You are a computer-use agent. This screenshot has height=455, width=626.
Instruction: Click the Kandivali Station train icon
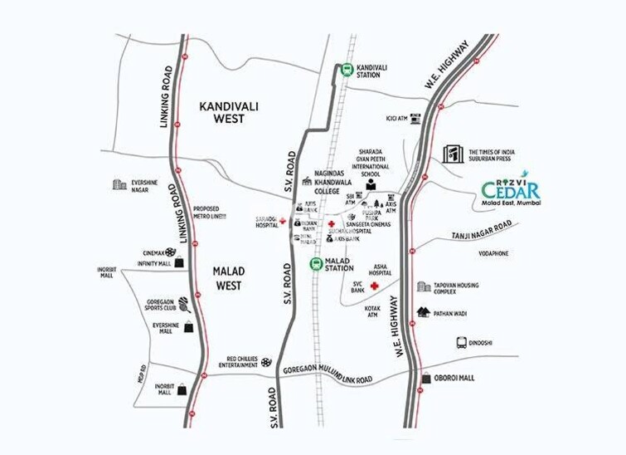pos(345,70)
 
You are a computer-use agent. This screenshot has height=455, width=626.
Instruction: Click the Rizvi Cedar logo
pos(510,190)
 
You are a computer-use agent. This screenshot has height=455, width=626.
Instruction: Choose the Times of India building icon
pos(453,155)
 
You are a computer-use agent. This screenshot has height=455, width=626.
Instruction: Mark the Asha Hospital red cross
pos(375,286)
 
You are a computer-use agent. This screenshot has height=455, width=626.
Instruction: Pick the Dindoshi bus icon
pos(462,342)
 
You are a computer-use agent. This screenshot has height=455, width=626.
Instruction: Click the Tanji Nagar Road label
pos(484,237)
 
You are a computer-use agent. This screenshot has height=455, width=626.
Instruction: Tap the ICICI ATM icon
pos(416,118)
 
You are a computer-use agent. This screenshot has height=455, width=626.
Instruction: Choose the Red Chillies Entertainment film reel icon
pos(265,361)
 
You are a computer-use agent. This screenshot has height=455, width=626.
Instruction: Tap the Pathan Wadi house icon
pos(424,312)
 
